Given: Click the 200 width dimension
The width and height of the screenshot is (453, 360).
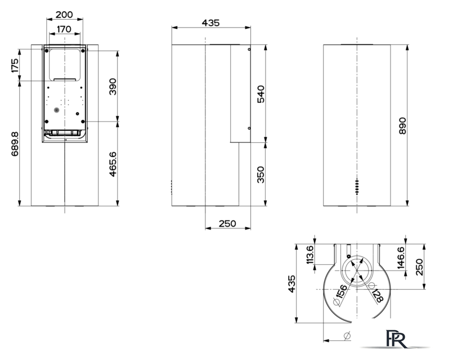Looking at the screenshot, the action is [64, 15].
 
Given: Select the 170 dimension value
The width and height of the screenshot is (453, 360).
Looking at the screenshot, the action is [64, 29].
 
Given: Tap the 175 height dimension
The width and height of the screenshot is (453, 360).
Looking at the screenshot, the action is [15, 66].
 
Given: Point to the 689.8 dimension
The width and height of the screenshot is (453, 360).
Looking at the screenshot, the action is [15, 144].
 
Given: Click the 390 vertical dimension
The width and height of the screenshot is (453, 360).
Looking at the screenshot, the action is [113, 86].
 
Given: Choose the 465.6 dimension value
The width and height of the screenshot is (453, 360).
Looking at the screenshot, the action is [113, 164].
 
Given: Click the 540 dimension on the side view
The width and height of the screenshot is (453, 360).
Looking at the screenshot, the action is [261, 94].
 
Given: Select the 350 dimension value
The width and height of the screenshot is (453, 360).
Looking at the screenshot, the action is [261, 175].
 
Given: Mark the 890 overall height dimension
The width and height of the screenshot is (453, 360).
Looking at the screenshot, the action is [402, 125].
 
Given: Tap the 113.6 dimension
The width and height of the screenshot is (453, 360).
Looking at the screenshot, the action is [310, 255].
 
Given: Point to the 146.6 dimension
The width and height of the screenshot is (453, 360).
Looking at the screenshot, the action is [401, 258].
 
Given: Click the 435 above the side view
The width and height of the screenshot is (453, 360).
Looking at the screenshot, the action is [210, 22].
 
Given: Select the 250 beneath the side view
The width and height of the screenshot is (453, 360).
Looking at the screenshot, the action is [227, 223].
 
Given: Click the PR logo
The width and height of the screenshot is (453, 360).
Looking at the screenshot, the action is [396, 339].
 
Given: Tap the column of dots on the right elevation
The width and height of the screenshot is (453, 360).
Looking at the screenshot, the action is [357, 187].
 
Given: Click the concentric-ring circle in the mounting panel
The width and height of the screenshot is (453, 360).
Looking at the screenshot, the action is [57, 110].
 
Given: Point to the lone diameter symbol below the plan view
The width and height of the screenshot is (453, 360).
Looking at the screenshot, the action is [347, 336].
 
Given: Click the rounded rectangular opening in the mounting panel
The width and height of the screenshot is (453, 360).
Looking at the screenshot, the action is [64, 65].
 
